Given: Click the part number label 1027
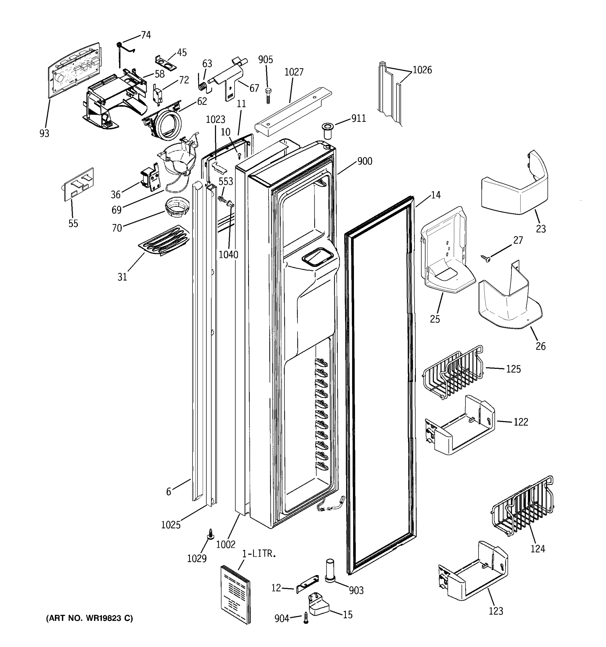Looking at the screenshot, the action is pos(294,72).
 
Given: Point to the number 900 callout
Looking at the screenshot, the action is pos(365,161).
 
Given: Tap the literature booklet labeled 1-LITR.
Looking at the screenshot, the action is pos(236,594).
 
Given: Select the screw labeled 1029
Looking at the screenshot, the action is pos(210,534).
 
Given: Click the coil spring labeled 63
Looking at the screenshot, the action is pos(202,86).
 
